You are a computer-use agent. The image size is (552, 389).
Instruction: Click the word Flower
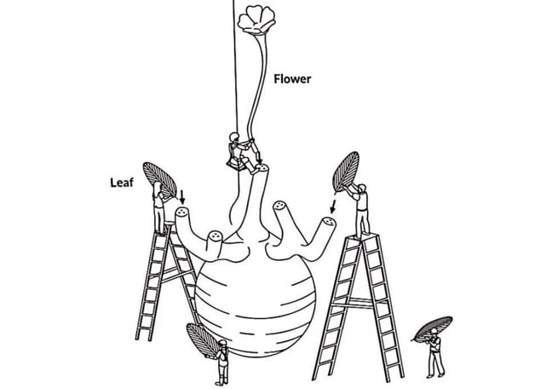pyautogui.click(x=292, y=78)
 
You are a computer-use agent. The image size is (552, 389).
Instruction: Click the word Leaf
pyautogui.click(x=122, y=183)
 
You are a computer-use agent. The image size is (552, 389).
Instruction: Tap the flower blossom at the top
pyautogui.click(x=256, y=19)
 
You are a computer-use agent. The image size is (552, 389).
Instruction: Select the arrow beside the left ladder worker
pyautogui.click(x=182, y=197)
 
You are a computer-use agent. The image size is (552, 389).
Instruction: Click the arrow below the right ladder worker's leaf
pyautogui.click(x=332, y=206)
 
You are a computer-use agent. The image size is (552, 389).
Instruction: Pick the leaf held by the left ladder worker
pyautogui.click(x=160, y=179)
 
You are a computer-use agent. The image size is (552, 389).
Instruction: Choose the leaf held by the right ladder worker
pyautogui.click(x=346, y=171)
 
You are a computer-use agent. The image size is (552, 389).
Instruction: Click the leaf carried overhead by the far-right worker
pyautogui.click(x=432, y=328)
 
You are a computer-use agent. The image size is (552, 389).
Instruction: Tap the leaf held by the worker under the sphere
pyautogui.click(x=202, y=340)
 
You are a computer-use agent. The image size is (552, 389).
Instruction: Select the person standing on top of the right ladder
pyautogui.click(x=360, y=210)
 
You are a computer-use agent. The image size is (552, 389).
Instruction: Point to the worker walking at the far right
pyautogui.click(x=435, y=353)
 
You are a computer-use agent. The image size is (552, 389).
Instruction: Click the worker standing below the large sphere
pyautogui.click(x=221, y=363)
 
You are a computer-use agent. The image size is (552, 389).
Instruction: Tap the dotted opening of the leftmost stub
pyautogui.click(x=182, y=212)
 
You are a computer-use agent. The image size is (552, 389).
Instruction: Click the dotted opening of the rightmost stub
pyautogui.click(x=329, y=222)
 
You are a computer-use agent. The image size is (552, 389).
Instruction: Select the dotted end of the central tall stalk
pyautogui.click(x=262, y=168)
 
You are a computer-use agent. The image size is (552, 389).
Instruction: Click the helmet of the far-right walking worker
pyautogui.click(x=434, y=331)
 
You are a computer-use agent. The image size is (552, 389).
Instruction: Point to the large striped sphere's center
pyautogui.click(x=256, y=304)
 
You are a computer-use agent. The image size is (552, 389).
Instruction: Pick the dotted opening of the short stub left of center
pyautogui.click(x=215, y=235)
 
